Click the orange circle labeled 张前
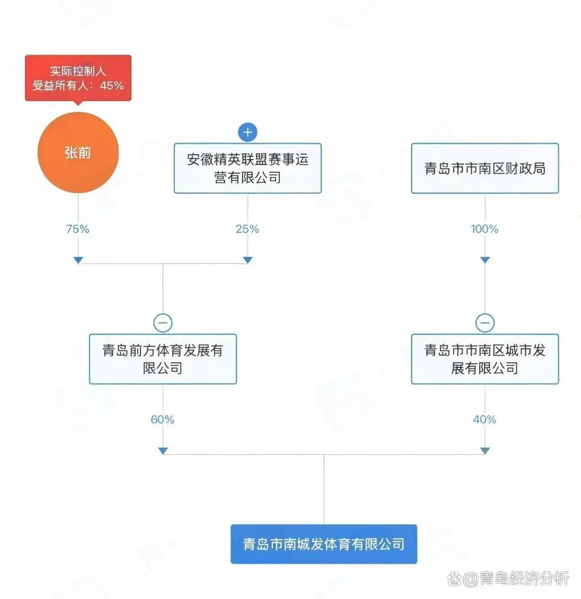pyautogui.click(x=78, y=153)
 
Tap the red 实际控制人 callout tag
pyautogui.click(x=78, y=78)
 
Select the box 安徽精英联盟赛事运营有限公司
pyautogui.click(x=247, y=168)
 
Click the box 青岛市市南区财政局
pyautogui.click(x=485, y=168)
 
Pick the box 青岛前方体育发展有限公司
pyautogui.click(x=162, y=359)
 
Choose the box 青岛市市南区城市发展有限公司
pyautogui.click(x=485, y=359)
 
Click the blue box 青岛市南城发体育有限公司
pyautogui.click(x=323, y=544)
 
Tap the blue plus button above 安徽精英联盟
pyautogui.click(x=247, y=132)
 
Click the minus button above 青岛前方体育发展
pyautogui.click(x=162, y=323)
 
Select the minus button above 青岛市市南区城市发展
pyautogui.click(x=485, y=323)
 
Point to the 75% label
pyautogui.click(x=77, y=229)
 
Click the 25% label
pyautogui.click(x=247, y=229)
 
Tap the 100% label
pyautogui.click(x=485, y=229)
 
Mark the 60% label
pyautogui.click(x=162, y=419)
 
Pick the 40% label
pyautogui.click(x=485, y=419)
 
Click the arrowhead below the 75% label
pyautogui.click(x=78, y=260)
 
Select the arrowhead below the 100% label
pyautogui.click(x=485, y=260)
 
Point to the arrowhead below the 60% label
pyautogui.click(x=162, y=451)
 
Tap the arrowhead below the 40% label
pyautogui.click(x=485, y=451)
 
